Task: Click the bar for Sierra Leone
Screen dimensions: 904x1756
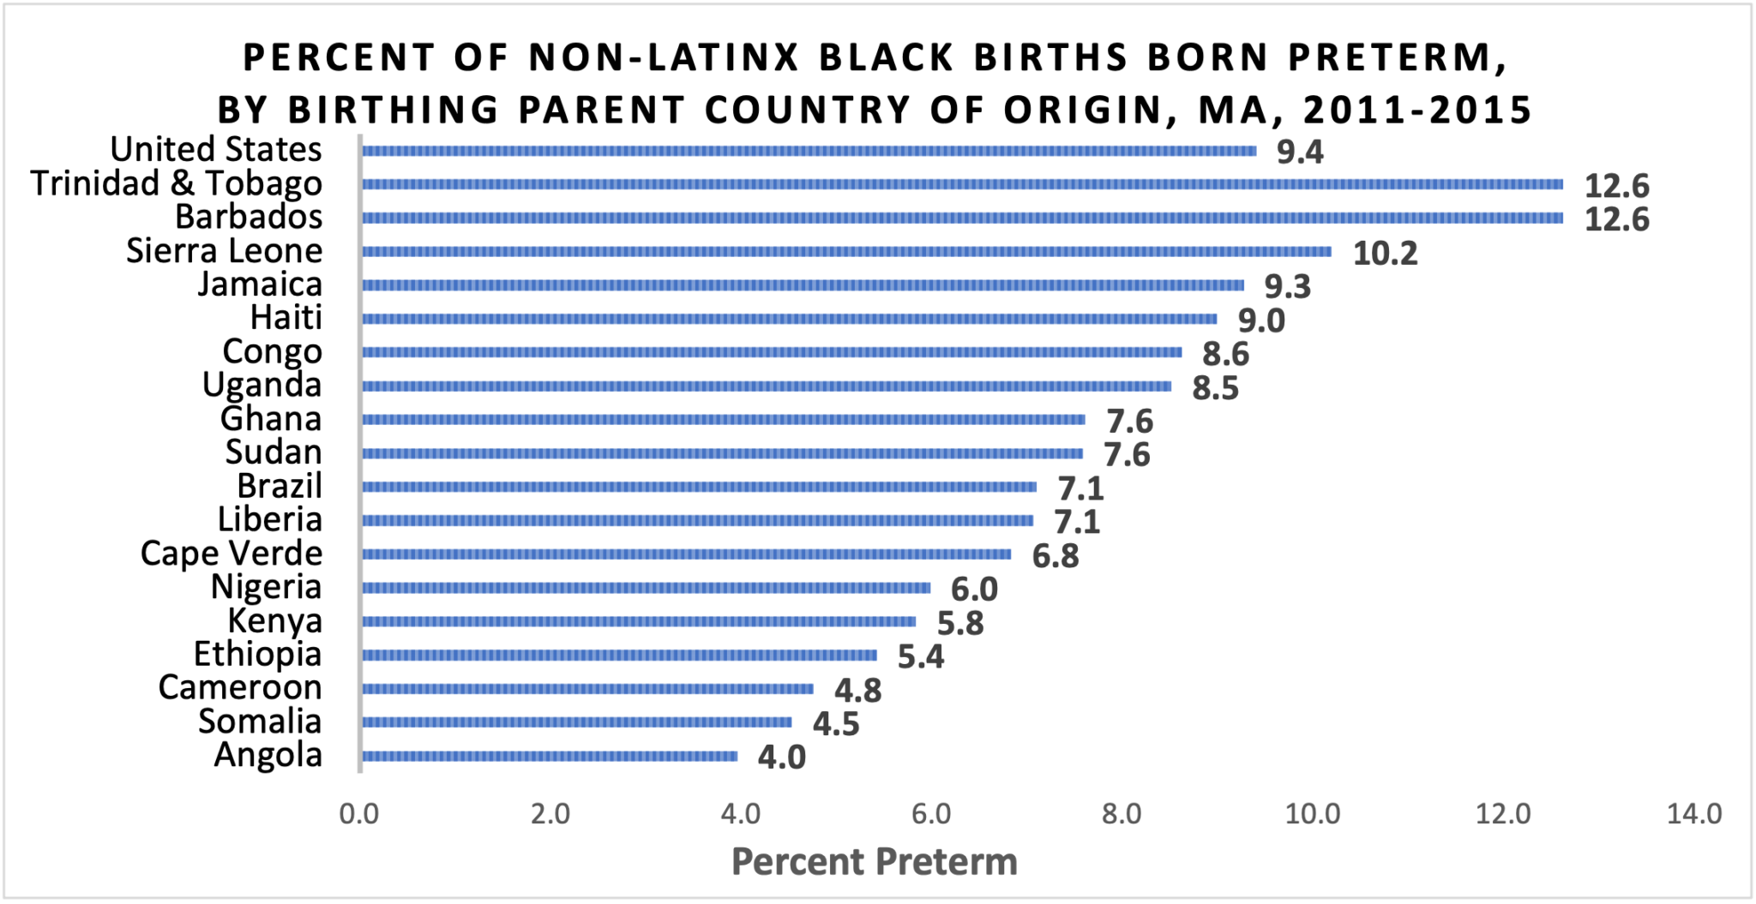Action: pos(846,252)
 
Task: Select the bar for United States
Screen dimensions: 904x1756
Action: pos(809,151)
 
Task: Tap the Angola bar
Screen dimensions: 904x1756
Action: pos(549,756)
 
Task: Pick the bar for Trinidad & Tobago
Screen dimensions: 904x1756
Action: pos(961,184)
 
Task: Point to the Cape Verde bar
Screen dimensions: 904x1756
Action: pos(686,554)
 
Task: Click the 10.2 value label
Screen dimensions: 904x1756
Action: pos(1385,254)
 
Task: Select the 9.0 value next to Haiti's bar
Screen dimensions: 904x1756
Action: pos(1260,320)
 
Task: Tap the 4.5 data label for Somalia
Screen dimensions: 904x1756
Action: pos(835,724)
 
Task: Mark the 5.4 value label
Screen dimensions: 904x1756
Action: pos(920,657)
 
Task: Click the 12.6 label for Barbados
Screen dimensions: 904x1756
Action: pos(1616,220)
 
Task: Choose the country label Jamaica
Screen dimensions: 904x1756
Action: pos(260,284)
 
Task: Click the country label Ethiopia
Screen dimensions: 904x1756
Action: pos(257,654)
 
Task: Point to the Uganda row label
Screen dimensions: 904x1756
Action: pos(262,385)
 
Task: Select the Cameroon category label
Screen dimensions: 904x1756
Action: pos(240,687)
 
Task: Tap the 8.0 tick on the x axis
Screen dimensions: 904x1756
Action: pos(1122,813)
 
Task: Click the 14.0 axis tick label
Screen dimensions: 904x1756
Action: pos(1693,813)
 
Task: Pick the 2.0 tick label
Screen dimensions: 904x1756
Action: pos(550,813)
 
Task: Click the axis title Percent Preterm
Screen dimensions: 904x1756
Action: pos(874,861)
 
